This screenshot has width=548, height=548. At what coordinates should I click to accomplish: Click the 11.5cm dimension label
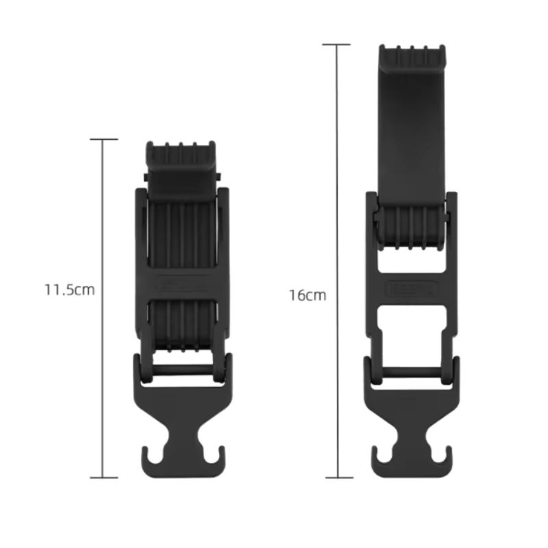pyautogui.click(x=70, y=290)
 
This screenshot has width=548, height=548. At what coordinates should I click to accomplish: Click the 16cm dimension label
pyautogui.click(x=307, y=295)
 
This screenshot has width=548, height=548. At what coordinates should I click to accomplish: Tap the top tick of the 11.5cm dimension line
pyautogui.click(x=104, y=140)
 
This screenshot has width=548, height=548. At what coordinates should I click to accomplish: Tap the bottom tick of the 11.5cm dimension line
pyautogui.click(x=104, y=477)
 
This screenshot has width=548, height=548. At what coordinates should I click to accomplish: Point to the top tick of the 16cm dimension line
pyautogui.click(x=336, y=45)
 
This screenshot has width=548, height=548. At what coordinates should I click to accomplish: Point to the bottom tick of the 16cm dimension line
pyautogui.click(x=339, y=477)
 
